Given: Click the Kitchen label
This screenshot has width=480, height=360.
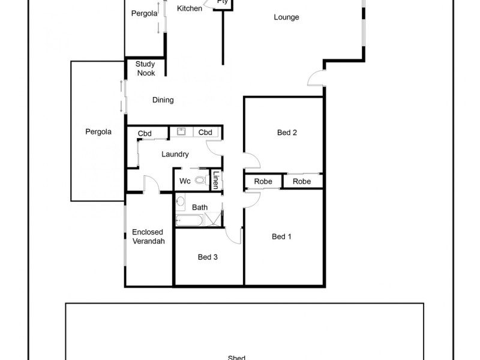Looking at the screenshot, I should click(x=190, y=8).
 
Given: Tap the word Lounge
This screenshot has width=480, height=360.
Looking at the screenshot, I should click(x=286, y=17).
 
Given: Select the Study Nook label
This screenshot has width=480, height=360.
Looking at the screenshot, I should click(x=145, y=68).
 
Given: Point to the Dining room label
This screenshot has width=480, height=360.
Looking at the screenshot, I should click(x=163, y=100).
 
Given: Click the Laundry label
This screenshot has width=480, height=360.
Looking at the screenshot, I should click(x=175, y=154).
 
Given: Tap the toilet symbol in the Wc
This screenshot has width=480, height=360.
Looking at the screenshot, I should click(x=199, y=180).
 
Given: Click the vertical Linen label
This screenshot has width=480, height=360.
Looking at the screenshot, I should click(x=216, y=181).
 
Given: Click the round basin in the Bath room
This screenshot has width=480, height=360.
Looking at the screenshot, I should click(x=179, y=202).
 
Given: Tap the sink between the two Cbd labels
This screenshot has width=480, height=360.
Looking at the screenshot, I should click(x=182, y=132).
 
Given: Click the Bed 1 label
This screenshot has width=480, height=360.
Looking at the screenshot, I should click(x=281, y=236).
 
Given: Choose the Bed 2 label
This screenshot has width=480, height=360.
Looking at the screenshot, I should click(x=287, y=133).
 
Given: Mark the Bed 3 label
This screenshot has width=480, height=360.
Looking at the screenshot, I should click(x=208, y=257).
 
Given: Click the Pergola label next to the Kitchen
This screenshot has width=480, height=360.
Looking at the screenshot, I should click(x=144, y=13).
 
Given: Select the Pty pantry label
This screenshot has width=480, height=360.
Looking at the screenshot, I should click(x=222, y=2).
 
